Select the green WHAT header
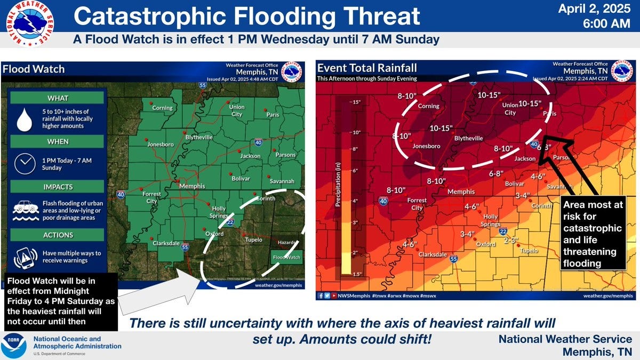58,98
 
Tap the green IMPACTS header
58,187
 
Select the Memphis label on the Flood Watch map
192,186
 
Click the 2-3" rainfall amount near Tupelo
511,240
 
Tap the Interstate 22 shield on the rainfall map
503,231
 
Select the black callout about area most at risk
594,234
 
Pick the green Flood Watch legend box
286,257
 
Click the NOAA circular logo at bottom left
14,345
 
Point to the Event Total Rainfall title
367,68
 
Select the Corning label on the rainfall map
428,106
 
